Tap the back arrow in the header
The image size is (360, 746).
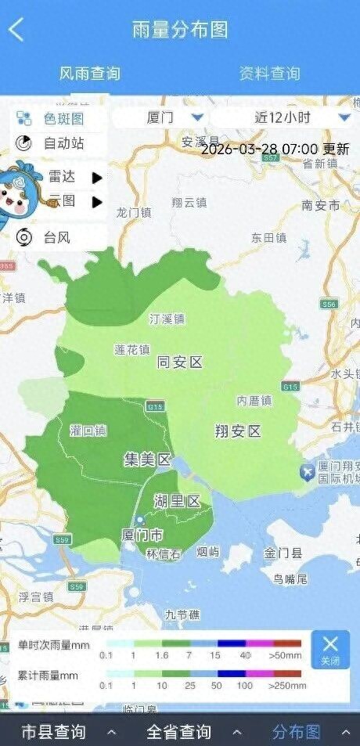pyautogui.click(x=16, y=30)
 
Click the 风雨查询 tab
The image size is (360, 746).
pyautogui.click(x=90, y=74)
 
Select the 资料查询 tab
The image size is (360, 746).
pyautogui.click(x=269, y=74)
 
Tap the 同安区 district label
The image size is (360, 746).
pyautogui.click(x=180, y=362)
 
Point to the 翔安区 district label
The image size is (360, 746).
pyautogui.click(x=238, y=431)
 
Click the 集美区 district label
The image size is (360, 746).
pyautogui.click(x=147, y=459)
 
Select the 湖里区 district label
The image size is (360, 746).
pyautogui.click(x=178, y=501)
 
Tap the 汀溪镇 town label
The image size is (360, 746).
pyautogui.click(x=167, y=319)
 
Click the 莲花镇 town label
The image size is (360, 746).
pyautogui.click(x=131, y=349)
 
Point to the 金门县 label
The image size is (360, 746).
pyautogui.click(x=283, y=553)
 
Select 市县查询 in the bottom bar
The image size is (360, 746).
pyautogui.click(x=53, y=732)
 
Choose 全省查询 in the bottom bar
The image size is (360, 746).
pyautogui.click(x=179, y=732)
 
